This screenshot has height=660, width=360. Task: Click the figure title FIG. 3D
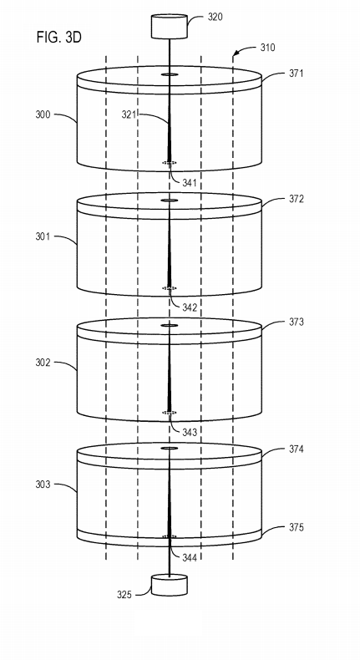click(x=58, y=38)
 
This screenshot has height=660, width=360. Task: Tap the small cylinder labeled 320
click(x=170, y=27)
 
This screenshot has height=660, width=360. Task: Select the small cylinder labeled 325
click(x=170, y=585)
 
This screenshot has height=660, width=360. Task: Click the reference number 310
click(x=267, y=47)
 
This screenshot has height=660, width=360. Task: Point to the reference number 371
click(x=296, y=74)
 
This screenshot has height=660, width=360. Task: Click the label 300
click(x=43, y=114)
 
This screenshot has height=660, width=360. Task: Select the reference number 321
click(x=129, y=114)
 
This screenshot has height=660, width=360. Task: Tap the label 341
click(x=190, y=183)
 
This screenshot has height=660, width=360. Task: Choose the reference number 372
click(x=296, y=199)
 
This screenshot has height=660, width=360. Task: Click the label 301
click(x=43, y=236)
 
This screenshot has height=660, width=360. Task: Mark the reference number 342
click(x=190, y=307)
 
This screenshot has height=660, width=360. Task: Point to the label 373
click(x=296, y=322)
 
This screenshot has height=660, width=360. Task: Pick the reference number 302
click(x=43, y=362)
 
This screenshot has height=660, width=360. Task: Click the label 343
click(x=190, y=432)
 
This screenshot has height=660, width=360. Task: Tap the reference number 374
click(x=296, y=449)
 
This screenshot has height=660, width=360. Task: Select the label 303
click(x=43, y=485)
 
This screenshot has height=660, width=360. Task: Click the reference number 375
click(x=296, y=527)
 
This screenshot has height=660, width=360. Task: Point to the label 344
click(x=190, y=558)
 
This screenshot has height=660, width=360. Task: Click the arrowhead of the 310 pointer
click(x=236, y=53)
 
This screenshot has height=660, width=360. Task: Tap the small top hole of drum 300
click(x=170, y=74)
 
